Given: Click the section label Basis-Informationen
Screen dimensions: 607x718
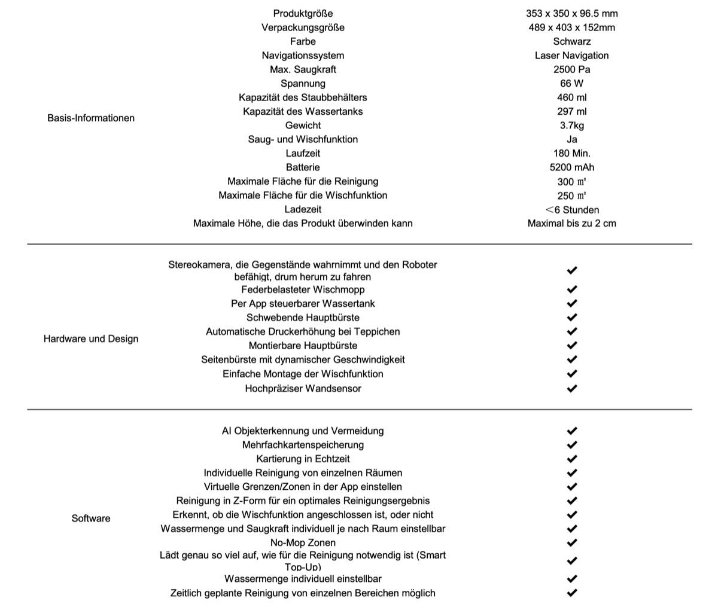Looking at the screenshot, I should [91, 118].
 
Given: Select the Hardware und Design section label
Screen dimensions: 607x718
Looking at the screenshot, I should [91, 338].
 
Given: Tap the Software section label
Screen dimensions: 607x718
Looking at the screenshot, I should [91, 518].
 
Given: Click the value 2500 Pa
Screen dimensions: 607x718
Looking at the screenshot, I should [571, 69].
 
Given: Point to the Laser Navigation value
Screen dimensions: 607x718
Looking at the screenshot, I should [571, 56].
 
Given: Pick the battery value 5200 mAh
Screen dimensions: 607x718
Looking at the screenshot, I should [571, 167].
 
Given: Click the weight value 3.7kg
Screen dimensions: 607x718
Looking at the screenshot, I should [571, 126].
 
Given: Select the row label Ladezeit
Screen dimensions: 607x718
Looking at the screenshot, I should [303, 209].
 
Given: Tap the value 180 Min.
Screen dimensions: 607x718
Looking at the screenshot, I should [571, 153].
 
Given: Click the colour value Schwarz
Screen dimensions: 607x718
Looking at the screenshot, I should [571, 41].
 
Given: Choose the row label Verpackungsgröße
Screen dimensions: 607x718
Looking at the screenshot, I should [303, 28].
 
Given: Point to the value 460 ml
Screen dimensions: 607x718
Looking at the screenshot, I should [571, 97].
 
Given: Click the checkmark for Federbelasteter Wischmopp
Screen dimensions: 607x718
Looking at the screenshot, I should [571, 289].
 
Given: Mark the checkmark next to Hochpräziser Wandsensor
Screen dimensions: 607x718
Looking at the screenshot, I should [571, 388].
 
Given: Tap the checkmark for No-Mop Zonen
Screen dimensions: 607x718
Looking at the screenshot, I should [571, 543].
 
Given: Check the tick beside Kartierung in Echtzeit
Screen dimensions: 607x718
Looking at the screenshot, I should [571, 459].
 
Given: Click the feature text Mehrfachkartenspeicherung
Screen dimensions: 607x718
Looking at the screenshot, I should [303, 445].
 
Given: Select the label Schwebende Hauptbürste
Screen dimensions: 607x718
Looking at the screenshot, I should [303, 318].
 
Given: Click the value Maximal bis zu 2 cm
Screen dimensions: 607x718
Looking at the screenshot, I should [571, 224].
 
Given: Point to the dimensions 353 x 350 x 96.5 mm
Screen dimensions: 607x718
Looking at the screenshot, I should [571, 13].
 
